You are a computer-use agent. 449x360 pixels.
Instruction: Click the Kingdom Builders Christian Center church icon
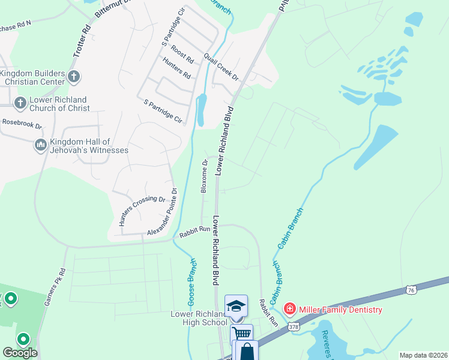pos(73,76)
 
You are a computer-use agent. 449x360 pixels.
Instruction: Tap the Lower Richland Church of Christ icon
pos(20,103)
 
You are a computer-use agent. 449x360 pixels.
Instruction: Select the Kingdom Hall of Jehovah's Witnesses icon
pos(41,145)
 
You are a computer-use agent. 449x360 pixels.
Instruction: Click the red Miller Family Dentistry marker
pos(290,309)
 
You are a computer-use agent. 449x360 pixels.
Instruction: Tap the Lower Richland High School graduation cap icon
pos(236,305)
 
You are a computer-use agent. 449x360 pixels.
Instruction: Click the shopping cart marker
pos(241,334)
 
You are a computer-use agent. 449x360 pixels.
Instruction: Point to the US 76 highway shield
pos(411,289)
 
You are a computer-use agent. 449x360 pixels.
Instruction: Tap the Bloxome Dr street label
pos(204,176)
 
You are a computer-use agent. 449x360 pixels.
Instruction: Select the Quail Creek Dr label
pos(221,67)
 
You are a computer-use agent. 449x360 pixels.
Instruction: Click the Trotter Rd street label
pos(82,41)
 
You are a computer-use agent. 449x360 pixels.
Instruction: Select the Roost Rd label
pos(182,55)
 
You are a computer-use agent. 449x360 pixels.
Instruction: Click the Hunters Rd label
pos(176,68)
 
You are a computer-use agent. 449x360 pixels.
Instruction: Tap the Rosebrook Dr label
pos(22,124)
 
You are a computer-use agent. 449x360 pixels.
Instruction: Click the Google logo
pos(20,353)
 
